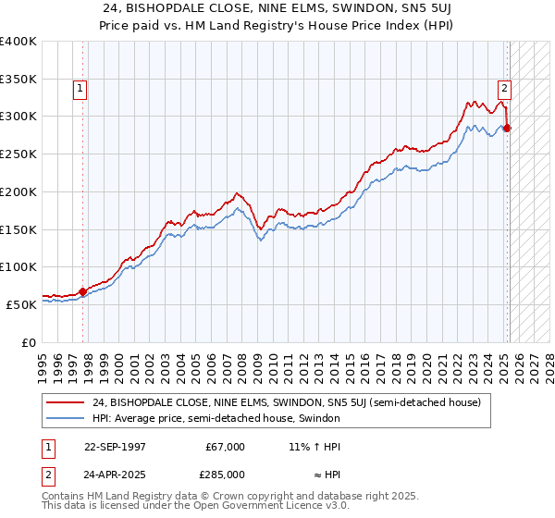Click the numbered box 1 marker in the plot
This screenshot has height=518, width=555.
pyautogui.click(x=80, y=89)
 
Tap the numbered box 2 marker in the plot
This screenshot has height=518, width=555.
pyautogui.click(x=504, y=89)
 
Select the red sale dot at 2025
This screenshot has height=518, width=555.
pyautogui.click(x=507, y=128)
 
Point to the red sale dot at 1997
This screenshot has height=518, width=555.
pyautogui.click(x=83, y=291)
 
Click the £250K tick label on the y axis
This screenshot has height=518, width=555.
pyautogui.click(x=18, y=154)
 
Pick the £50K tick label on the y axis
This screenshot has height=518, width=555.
pyautogui.click(x=21, y=304)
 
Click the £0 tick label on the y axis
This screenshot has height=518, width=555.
pyautogui.click(x=29, y=342)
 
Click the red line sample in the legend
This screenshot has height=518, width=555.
pyautogui.click(x=66, y=402)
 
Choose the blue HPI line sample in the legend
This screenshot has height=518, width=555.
pyautogui.click(x=66, y=418)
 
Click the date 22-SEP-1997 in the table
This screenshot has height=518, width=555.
pyautogui.click(x=116, y=447)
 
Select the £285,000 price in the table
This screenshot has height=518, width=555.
pyautogui.click(x=225, y=475)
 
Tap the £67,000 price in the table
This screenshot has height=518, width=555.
pyautogui.click(x=225, y=447)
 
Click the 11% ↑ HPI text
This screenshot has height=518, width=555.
pyautogui.click(x=314, y=447)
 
